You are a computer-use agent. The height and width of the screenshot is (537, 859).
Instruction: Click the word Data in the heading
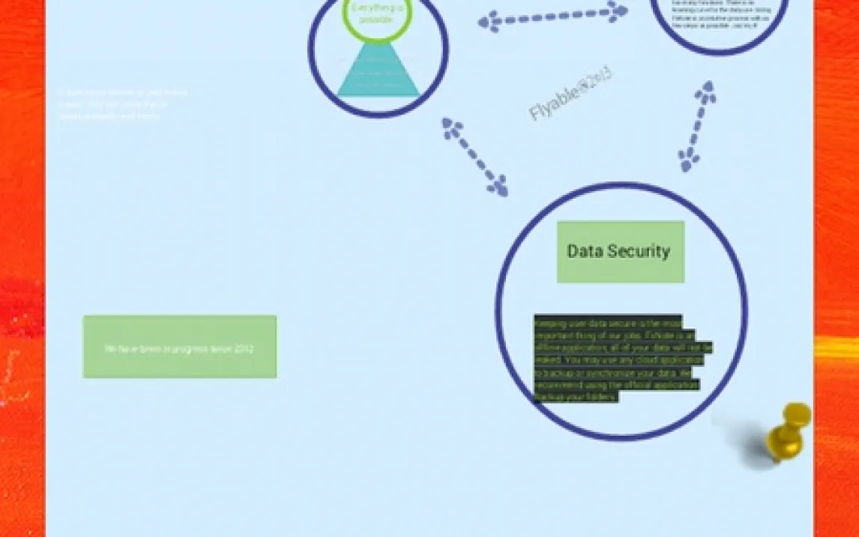coord(584,251)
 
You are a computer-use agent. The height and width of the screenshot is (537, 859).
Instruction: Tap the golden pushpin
coord(789,432)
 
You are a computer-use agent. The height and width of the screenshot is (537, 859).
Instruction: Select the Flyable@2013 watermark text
coord(570,94)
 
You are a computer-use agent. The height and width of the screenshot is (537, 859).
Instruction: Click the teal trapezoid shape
coord(379,72)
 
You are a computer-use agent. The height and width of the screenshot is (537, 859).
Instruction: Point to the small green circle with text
coord(377,16)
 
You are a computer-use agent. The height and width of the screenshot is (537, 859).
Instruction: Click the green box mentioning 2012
coord(180,346)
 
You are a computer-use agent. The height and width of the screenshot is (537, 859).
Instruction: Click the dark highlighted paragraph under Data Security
coord(621,358)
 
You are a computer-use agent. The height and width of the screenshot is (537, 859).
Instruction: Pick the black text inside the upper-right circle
coord(719,15)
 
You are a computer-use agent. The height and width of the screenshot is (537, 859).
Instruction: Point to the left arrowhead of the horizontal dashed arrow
coord(489,22)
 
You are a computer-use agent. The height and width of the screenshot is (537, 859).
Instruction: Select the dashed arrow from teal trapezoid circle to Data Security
coord(474,156)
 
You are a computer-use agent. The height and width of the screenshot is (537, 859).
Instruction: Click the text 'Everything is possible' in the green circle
coord(377,13)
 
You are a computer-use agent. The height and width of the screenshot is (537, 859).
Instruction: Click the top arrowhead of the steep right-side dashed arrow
coord(705,92)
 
